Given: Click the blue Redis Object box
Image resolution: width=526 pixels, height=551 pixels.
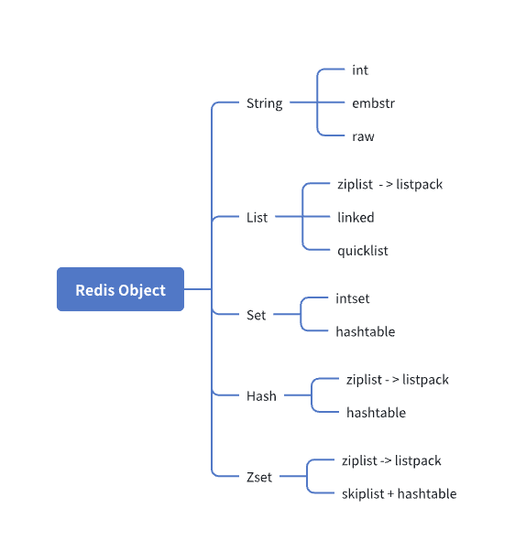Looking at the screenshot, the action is [x=120, y=289].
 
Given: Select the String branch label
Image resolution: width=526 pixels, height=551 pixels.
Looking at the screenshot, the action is [x=264, y=103].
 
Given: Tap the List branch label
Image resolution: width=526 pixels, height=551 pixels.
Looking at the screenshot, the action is [x=257, y=218].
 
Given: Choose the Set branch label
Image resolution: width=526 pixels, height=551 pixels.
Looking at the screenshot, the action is [x=257, y=315].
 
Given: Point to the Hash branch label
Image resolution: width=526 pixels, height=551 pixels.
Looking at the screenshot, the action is [x=261, y=396].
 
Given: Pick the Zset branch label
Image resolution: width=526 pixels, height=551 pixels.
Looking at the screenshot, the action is [x=259, y=477].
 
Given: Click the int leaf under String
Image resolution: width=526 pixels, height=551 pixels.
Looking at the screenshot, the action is [x=360, y=70].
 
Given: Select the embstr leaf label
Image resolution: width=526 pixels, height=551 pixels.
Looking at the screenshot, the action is [x=373, y=103].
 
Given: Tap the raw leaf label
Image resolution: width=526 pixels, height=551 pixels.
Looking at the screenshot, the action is [x=363, y=136].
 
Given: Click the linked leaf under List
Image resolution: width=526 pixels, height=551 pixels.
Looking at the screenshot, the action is [x=356, y=218].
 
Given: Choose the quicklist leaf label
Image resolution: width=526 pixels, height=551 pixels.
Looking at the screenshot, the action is [x=363, y=251].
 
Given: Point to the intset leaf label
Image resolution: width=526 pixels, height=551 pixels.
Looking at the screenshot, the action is [x=353, y=298].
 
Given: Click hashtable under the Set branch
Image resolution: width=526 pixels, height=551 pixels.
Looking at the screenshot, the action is [x=366, y=331].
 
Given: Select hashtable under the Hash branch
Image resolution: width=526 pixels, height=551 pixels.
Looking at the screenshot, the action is [x=376, y=413].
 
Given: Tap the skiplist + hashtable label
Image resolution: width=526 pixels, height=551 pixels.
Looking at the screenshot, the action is [x=400, y=493].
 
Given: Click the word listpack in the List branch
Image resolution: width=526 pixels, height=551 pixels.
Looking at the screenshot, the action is [x=420, y=185].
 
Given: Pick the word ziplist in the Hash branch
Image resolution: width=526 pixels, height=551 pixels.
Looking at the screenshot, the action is [x=364, y=380].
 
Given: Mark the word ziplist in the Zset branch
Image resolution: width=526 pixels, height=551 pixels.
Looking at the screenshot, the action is [x=359, y=461].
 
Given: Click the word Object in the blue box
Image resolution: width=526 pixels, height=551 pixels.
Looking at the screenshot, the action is [x=142, y=291].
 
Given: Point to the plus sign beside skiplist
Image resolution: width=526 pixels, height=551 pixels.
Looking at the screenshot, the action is [x=390, y=494].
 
